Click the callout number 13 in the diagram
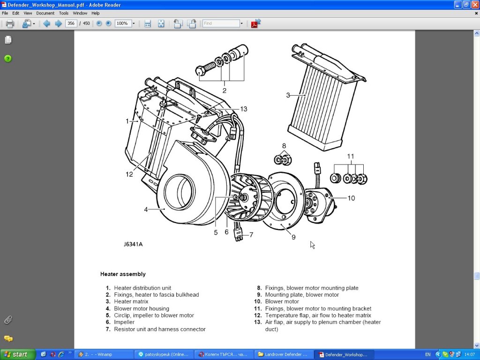[x=244, y=109]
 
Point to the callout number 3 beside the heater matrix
[x=288, y=95]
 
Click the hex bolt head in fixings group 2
[x=201, y=71]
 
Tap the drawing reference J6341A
[x=133, y=244]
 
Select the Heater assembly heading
[x=123, y=274]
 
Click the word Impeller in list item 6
[x=124, y=322]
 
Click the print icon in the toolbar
[x=10, y=23]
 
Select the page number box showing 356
[x=71, y=23]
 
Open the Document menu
[x=45, y=13]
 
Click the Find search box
[x=221, y=23]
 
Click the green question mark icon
[x=8, y=59]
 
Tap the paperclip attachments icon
[x=8, y=320]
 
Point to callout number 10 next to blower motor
[x=351, y=198]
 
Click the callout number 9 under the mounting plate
[x=293, y=237]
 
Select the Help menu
[x=96, y=13]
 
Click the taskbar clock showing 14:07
[x=469, y=354]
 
